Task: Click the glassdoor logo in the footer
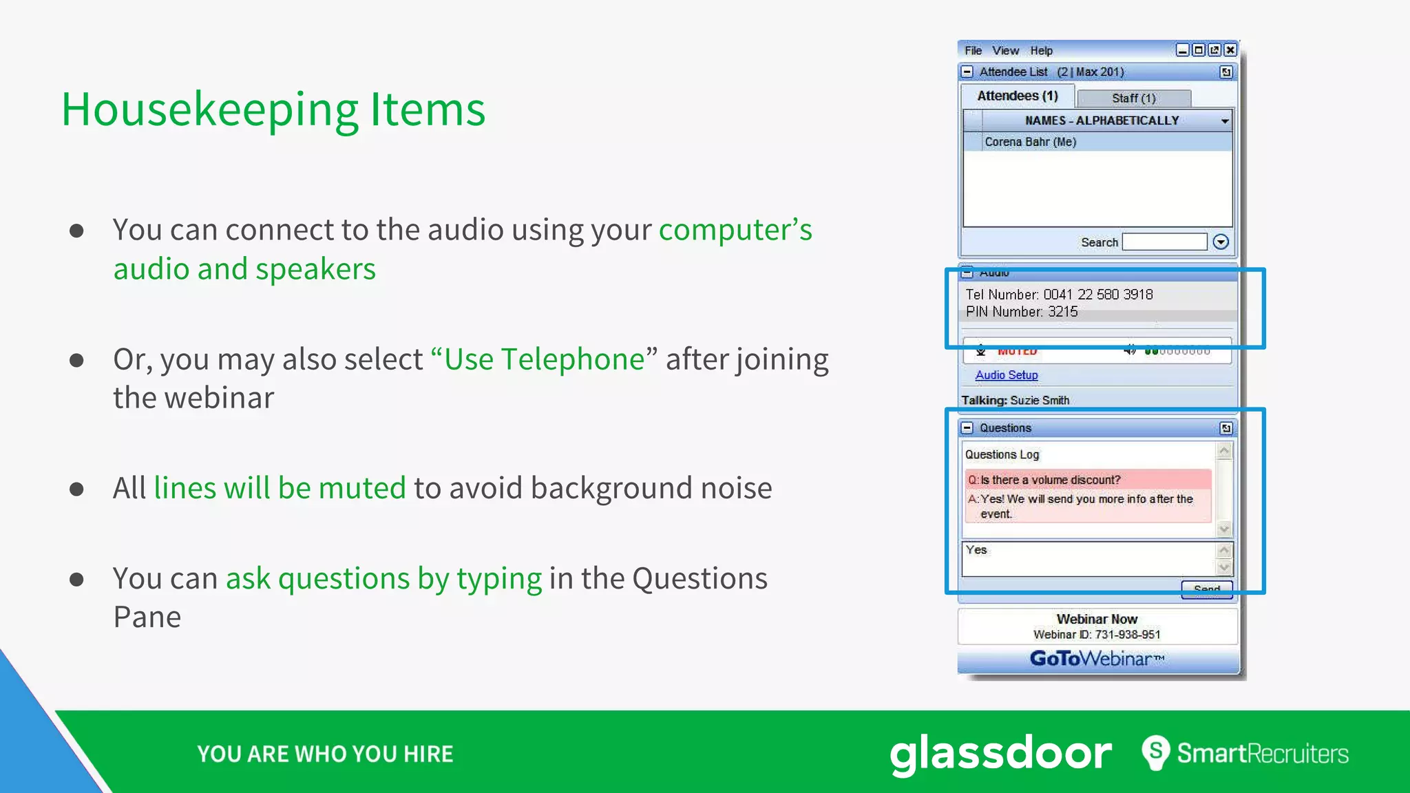pyautogui.click(x=1000, y=753)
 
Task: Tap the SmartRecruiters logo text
pyautogui.click(x=1261, y=753)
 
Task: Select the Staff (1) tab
pyautogui.click(x=1133, y=98)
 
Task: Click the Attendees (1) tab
pyautogui.click(x=1017, y=96)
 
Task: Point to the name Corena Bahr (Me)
pyautogui.click(x=1030, y=142)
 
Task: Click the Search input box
pyautogui.click(x=1164, y=242)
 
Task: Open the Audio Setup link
pyautogui.click(x=1006, y=375)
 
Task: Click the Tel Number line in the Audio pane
pyautogui.click(x=1059, y=295)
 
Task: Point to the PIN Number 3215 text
pyautogui.click(x=1022, y=312)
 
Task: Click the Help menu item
pyautogui.click(x=1041, y=51)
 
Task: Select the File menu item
pyautogui.click(x=973, y=51)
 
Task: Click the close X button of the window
pyautogui.click(x=1230, y=50)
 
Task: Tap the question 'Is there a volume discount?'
pyautogui.click(x=1050, y=480)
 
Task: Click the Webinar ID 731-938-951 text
pyautogui.click(x=1097, y=635)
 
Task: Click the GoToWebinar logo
pyautogui.click(x=1097, y=659)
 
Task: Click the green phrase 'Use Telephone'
pyautogui.click(x=544, y=359)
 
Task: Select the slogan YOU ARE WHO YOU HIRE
pyautogui.click(x=325, y=754)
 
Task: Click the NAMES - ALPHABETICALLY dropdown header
pyautogui.click(x=1102, y=120)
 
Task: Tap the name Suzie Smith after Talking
pyautogui.click(x=1040, y=401)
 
